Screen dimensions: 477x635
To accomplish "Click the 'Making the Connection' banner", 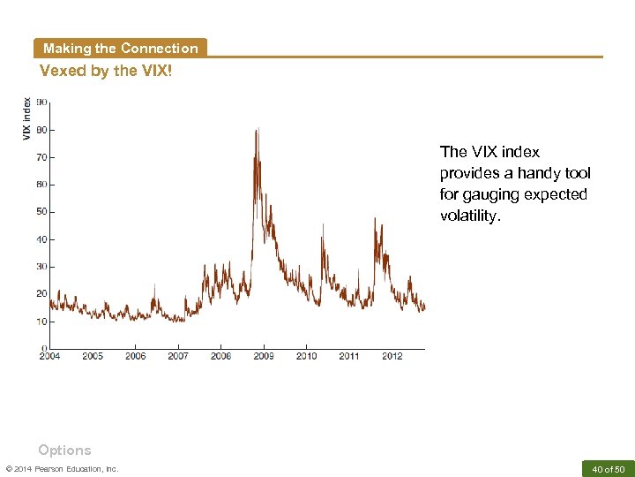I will coord(120,49).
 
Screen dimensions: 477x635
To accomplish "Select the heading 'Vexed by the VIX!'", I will coord(106,71).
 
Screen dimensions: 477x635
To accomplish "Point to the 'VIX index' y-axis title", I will coord(26,117).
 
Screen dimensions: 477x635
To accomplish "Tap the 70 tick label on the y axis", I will coord(41,157).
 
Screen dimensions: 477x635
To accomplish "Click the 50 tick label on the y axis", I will coord(41,212).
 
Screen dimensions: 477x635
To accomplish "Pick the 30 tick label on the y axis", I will coord(41,267).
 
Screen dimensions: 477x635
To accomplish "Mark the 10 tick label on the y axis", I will coord(41,322).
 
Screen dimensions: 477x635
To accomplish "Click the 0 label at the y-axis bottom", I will coord(44,348).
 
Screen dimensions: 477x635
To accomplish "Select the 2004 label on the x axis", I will coord(49,356).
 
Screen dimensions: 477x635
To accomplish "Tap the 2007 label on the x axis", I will coord(178,356).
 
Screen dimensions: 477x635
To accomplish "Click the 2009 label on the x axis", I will coord(264,356).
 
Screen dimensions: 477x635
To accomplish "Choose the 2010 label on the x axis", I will coord(306,356).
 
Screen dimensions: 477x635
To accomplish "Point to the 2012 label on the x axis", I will coord(392,356).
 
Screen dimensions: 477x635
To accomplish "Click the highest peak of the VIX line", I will coord(257,130).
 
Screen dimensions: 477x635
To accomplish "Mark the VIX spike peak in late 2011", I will coord(375,218).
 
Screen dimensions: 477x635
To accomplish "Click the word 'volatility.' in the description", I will coord(469,216).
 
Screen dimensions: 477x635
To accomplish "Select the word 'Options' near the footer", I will coord(64,450).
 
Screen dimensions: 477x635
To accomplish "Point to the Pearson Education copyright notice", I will coord(62,468).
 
